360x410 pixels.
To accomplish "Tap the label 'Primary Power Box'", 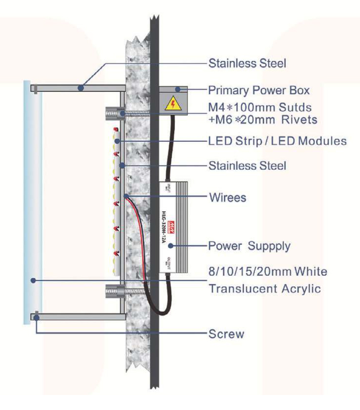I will click(x=259, y=91).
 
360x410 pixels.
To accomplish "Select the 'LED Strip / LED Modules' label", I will click(x=277, y=141).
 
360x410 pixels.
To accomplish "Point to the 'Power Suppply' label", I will click(x=249, y=246).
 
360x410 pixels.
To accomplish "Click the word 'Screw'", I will click(x=226, y=334).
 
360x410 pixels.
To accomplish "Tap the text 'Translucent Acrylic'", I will click(x=264, y=288).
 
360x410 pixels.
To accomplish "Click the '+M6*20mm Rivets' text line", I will click(x=263, y=120).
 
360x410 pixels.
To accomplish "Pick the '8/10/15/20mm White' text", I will click(x=267, y=272).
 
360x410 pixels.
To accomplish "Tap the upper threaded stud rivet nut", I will click(x=113, y=113).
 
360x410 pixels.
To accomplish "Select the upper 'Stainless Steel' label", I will click(x=247, y=63).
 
